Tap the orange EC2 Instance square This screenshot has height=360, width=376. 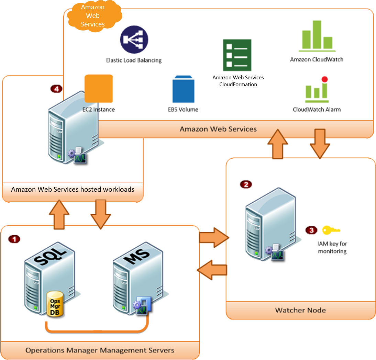[x=99, y=89]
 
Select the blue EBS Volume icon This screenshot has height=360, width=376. [x=183, y=90]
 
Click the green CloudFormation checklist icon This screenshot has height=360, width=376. [x=237, y=55]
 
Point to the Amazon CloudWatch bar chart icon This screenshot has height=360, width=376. [x=317, y=36]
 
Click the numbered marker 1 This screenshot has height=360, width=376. [x=14, y=239]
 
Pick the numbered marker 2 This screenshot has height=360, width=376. [x=245, y=184]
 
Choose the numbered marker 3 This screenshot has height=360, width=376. [x=311, y=230]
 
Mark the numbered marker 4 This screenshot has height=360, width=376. [x=56, y=89]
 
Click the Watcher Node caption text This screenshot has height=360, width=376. [x=300, y=310]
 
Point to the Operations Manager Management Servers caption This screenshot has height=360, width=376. [x=100, y=350]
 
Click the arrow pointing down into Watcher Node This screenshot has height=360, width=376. [x=320, y=144]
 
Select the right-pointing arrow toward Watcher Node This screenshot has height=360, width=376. [x=213, y=237]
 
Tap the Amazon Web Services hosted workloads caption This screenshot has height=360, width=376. [x=73, y=189]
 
